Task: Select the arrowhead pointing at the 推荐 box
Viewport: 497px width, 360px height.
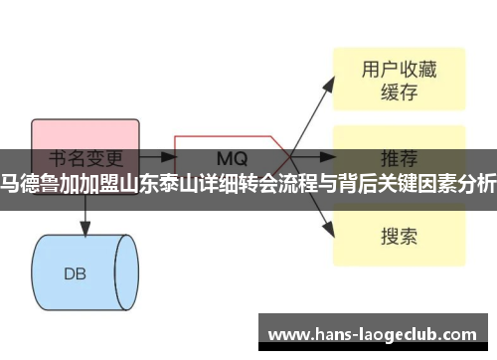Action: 329,156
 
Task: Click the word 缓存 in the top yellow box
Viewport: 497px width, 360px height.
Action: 398,93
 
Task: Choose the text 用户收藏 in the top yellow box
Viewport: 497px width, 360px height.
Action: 398,70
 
